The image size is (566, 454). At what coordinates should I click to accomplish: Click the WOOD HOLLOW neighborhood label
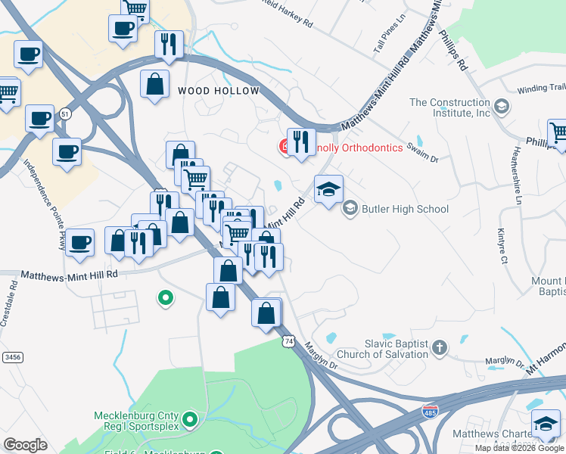[x=218, y=91]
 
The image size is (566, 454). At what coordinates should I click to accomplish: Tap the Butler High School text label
[x=406, y=209]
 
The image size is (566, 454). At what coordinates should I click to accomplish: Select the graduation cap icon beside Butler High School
[x=329, y=190]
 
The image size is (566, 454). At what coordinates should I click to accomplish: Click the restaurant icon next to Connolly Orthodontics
[x=301, y=142]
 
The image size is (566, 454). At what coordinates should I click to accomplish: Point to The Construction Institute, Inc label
[x=450, y=107]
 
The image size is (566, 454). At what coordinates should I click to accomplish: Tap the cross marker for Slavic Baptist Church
[x=440, y=348]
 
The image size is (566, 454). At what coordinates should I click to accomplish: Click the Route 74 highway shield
[x=289, y=342]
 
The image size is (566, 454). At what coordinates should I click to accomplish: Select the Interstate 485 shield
[x=429, y=411]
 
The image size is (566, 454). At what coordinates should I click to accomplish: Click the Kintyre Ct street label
[x=502, y=247]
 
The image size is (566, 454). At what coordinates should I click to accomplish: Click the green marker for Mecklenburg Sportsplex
[x=190, y=418]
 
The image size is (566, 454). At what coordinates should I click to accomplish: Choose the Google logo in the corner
[x=25, y=445]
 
